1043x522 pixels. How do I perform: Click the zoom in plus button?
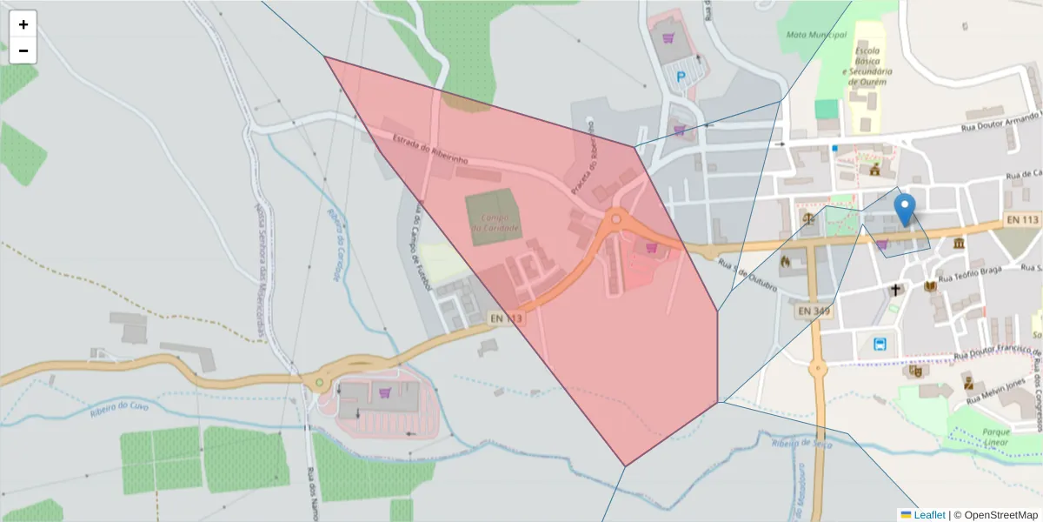point(23,24)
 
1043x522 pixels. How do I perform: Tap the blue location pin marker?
point(905,210)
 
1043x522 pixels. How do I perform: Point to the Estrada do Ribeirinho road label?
point(430,151)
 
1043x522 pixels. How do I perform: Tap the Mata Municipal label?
point(815,35)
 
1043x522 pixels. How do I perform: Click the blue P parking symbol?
point(681,77)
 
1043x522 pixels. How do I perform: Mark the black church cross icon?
point(895,289)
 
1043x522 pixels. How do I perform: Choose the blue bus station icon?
point(880,344)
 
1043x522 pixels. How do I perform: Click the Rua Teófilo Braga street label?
point(970,272)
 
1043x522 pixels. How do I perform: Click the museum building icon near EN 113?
point(958,243)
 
